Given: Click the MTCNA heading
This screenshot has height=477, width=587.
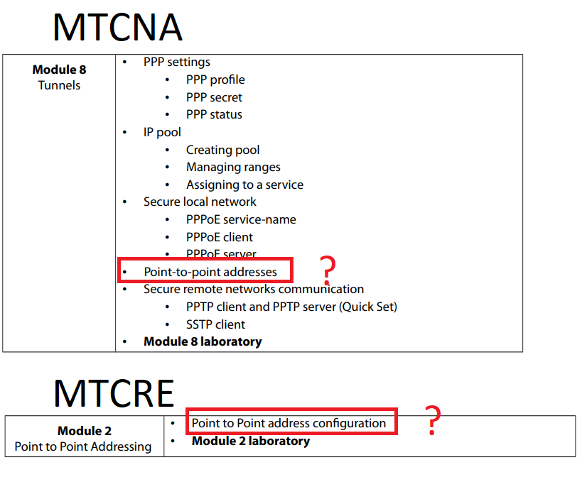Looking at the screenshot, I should pyautogui.click(x=117, y=27).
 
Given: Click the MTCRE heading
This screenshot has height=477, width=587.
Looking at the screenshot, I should pyautogui.click(x=114, y=392).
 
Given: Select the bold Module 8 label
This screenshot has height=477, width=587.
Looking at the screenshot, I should pyautogui.click(x=59, y=70).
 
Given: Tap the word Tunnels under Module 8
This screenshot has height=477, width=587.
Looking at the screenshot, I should pyautogui.click(x=59, y=86).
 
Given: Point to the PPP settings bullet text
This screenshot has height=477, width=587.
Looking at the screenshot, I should pyautogui.click(x=176, y=62).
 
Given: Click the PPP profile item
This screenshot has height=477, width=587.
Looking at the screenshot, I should pyautogui.click(x=215, y=80).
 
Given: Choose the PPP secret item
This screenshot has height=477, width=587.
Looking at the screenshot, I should pyautogui.click(x=214, y=97).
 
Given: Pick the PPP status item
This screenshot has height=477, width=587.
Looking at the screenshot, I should pyautogui.click(x=214, y=114).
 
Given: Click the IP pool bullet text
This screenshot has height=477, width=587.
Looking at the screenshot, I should pyautogui.click(x=162, y=132).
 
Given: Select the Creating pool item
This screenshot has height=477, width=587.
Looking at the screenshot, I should pyautogui.click(x=222, y=150).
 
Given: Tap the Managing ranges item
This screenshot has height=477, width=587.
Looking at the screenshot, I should pyautogui.click(x=233, y=167).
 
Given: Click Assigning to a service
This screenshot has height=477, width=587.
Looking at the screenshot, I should pyautogui.click(x=244, y=185).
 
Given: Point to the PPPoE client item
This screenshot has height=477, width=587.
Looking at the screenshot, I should pyautogui.click(x=219, y=237).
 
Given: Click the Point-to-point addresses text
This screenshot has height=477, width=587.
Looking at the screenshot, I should pyautogui.click(x=210, y=271).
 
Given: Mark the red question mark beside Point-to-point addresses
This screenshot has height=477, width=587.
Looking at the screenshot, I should pyautogui.click(x=328, y=269).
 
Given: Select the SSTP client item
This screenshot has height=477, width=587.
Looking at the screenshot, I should pyautogui.click(x=215, y=324).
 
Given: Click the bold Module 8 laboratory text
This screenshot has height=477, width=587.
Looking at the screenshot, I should pyautogui.click(x=203, y=341).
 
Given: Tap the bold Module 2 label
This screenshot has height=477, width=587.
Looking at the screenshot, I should pyautogui.click(x=85, y=431).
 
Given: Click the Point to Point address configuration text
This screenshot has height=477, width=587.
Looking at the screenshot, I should pyautogui.click(x=289, y=423).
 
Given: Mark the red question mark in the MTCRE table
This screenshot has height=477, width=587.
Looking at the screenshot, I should pyautogui.click(x=431, y=421).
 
